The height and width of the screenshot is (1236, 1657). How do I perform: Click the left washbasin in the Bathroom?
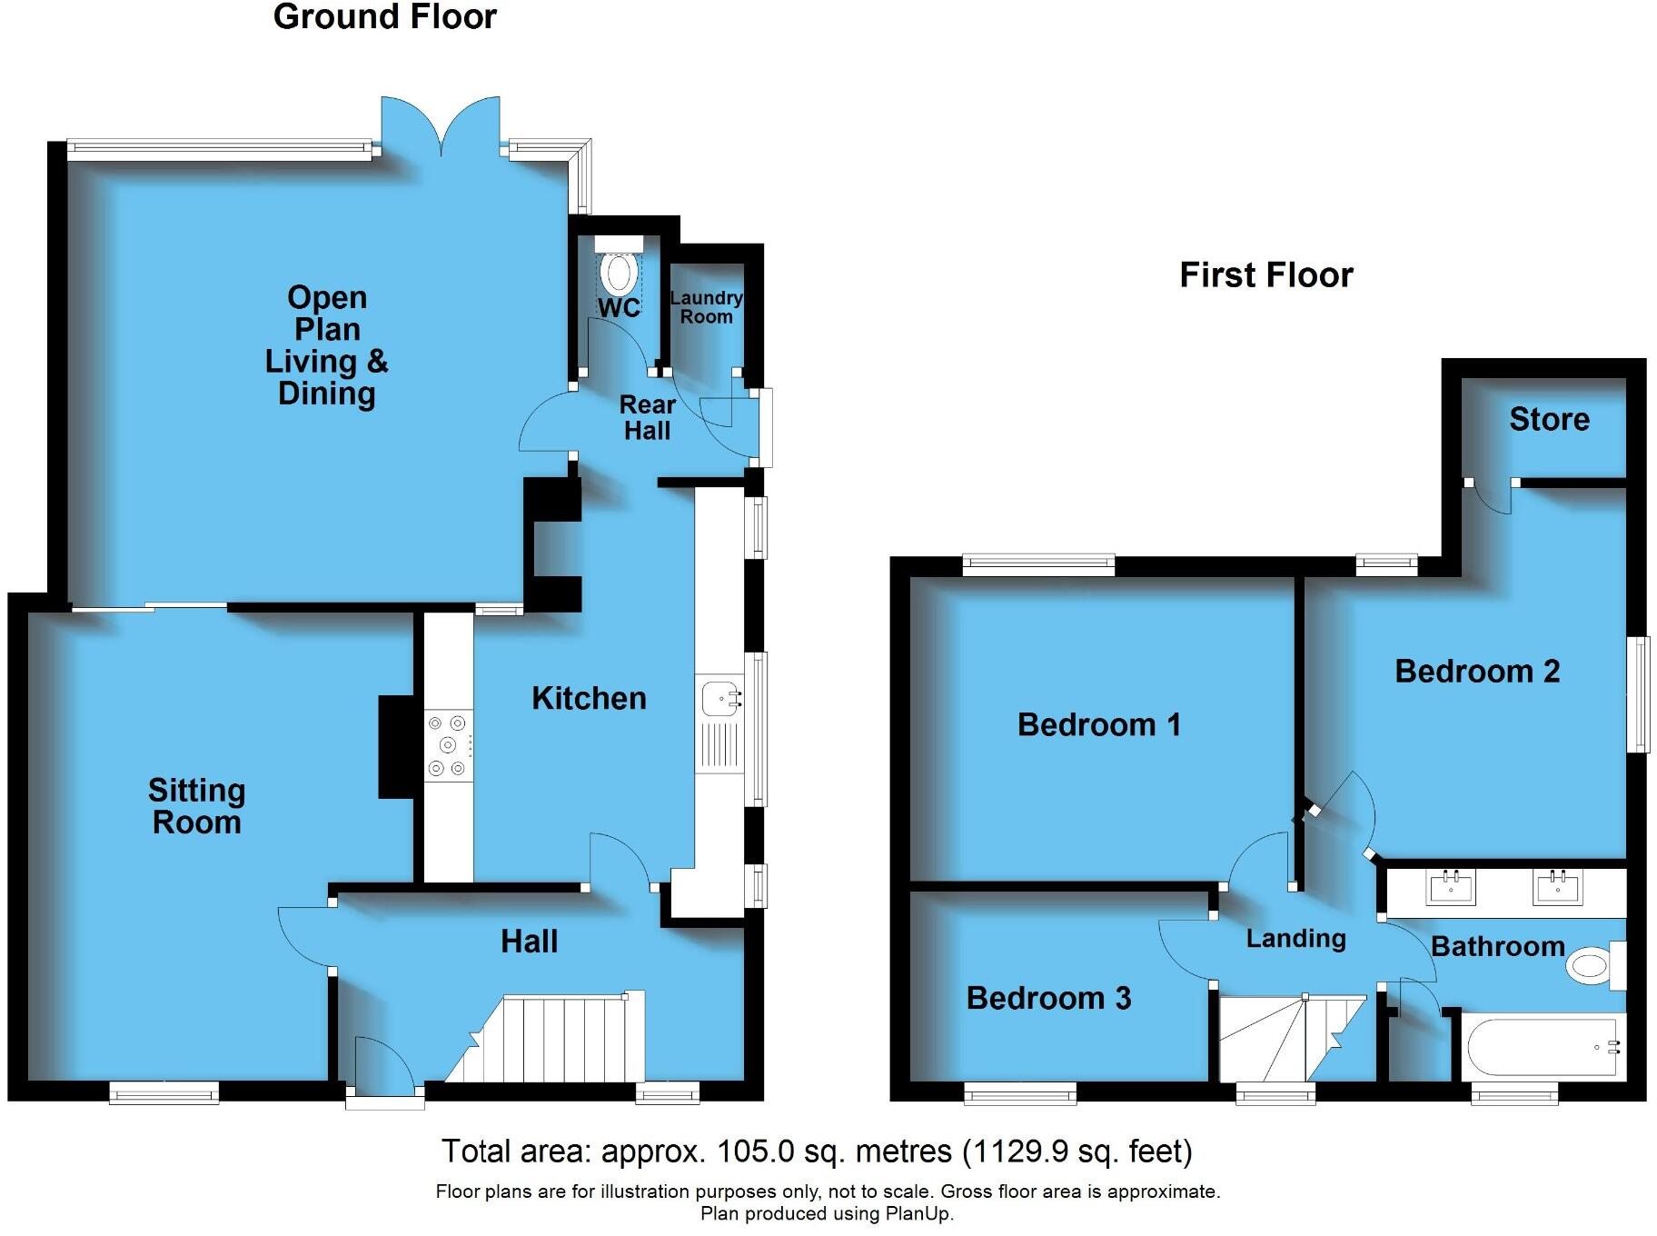(x=1450, y=887)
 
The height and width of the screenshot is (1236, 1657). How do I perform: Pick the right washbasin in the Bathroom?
(x=1557, y=887)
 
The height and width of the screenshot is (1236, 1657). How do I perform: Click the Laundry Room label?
(x=706, y=307)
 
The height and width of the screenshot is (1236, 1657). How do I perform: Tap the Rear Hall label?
(x=647, y=417)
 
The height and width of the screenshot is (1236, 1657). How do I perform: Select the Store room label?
(x=1549, y=419)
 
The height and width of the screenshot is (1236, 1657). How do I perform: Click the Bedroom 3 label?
(x=1048, y=998)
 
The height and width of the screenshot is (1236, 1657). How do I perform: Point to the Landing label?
(x=1295, y=939)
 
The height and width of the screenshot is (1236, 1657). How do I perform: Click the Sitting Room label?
(x=196, y=806)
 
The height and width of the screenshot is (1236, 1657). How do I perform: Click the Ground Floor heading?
(x=384, y=17)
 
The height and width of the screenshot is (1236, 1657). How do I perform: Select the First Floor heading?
(x=1265, y=274)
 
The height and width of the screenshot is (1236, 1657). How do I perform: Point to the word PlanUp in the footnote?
(x=925, y=1213)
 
